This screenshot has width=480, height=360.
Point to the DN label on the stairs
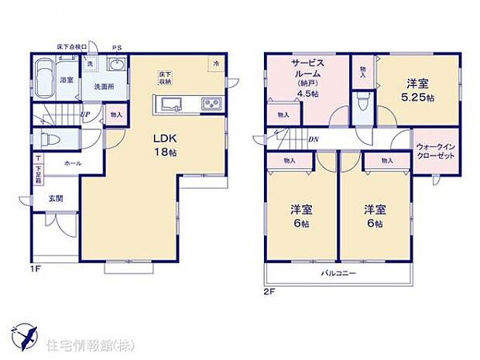click(313, 139)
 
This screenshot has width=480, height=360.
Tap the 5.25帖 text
click(419, 98)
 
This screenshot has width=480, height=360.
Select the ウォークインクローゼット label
click(436, 150)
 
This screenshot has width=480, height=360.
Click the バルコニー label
click(339, 273)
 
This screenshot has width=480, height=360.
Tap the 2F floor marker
click(269, 291)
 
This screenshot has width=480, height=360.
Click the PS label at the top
click(117, 46)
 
